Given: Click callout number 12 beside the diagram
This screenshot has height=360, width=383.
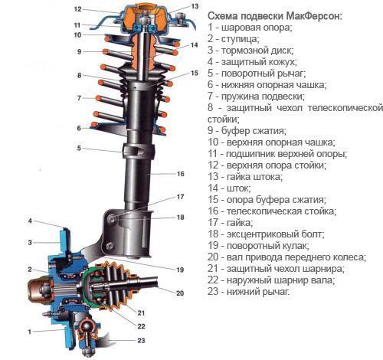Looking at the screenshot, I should pyautogui.click(x=77, y=10).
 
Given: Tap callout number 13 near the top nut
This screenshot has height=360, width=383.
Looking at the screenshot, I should pyautogui.click(x=195, y=7).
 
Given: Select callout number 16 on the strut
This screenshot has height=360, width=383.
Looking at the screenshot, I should pyautogui.click(x=181, y=174).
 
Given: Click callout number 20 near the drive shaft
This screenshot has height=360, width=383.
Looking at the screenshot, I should pyautogui.click(x=180, y=293).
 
